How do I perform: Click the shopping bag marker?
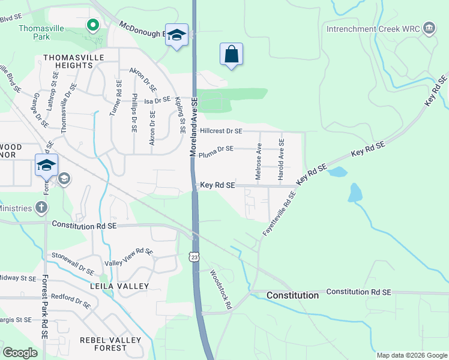pyautogui.click(x=231, y=54)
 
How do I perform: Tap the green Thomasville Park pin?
pyautogui.click(x=92, y=25)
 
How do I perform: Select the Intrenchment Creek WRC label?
pyautogui.click(x=372, y=28)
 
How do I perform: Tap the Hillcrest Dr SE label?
pyautogui.click(x=221, y=131)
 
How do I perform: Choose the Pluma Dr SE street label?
pyautogui.click(x=216, y=149)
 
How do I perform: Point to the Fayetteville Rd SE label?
pyautogui.click(x=280, y=213)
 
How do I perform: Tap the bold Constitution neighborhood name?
pyautogui.click(x=292, y=295)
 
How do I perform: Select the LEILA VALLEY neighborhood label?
pyautogui.click(x=119, y=286)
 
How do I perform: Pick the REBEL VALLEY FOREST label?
pyautogui.click(x=110, y=344)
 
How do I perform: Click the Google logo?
pyautogui.click(x=20, y=352)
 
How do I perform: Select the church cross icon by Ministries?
pyautogui.click(x=41, y=208)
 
